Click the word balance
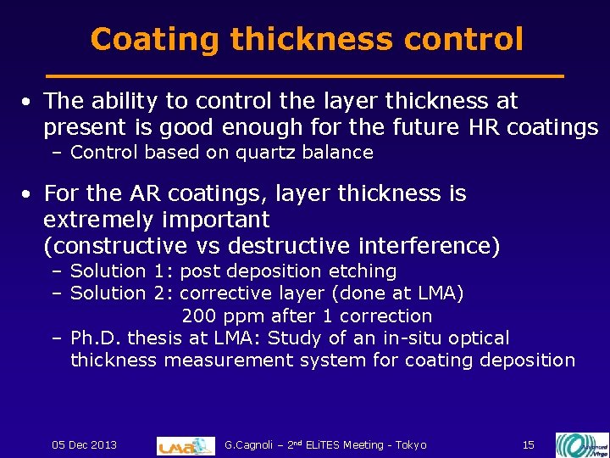(333, 153)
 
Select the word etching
(366, 271)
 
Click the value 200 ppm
(220, 316)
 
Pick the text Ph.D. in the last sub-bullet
(94, 338)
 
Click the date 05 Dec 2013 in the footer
(85, 444)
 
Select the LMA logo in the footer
(186, 445)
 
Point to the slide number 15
(528, 444)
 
